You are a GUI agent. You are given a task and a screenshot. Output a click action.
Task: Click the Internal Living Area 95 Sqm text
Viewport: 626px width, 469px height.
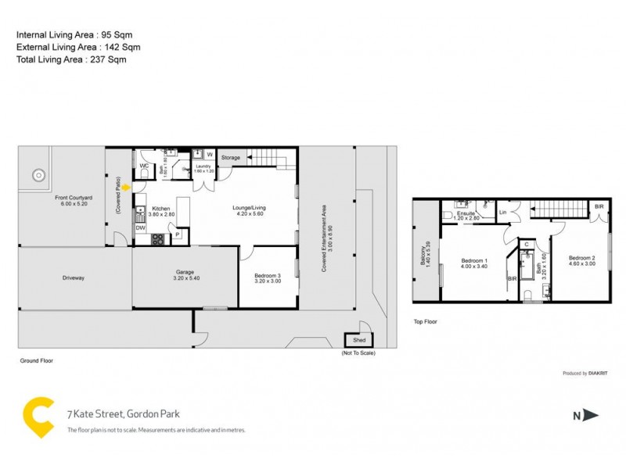pyautogui.click(x=69, y=35)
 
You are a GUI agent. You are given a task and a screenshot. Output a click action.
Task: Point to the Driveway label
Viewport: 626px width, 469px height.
pyautogui.click(x=74, y=277)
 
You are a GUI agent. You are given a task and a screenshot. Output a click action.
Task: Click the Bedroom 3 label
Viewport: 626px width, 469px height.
pyautogui.click(x=268, y=277)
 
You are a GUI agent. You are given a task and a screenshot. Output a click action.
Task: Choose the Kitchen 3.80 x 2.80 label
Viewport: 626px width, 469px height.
pyautogui.click(x=161, y=211)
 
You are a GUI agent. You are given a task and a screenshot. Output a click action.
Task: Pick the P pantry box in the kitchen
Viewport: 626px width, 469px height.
pyautogui.click(x=178, y=233)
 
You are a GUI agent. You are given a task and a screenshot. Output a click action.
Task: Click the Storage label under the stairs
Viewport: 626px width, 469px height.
pyautogui.click(x=231, y=158)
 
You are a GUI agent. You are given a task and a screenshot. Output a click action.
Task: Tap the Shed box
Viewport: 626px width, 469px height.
pyautogui.click(x=358, y=340)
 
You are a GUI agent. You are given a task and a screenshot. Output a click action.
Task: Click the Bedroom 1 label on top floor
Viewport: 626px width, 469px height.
pyautogui.click(x=473, y=263)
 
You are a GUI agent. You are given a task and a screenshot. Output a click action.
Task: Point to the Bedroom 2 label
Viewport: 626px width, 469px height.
pyautogui.click(x=581, y=261)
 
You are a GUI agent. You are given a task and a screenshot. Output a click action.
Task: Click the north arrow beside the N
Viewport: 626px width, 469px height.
pyautogui.click(x=592, y=416)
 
